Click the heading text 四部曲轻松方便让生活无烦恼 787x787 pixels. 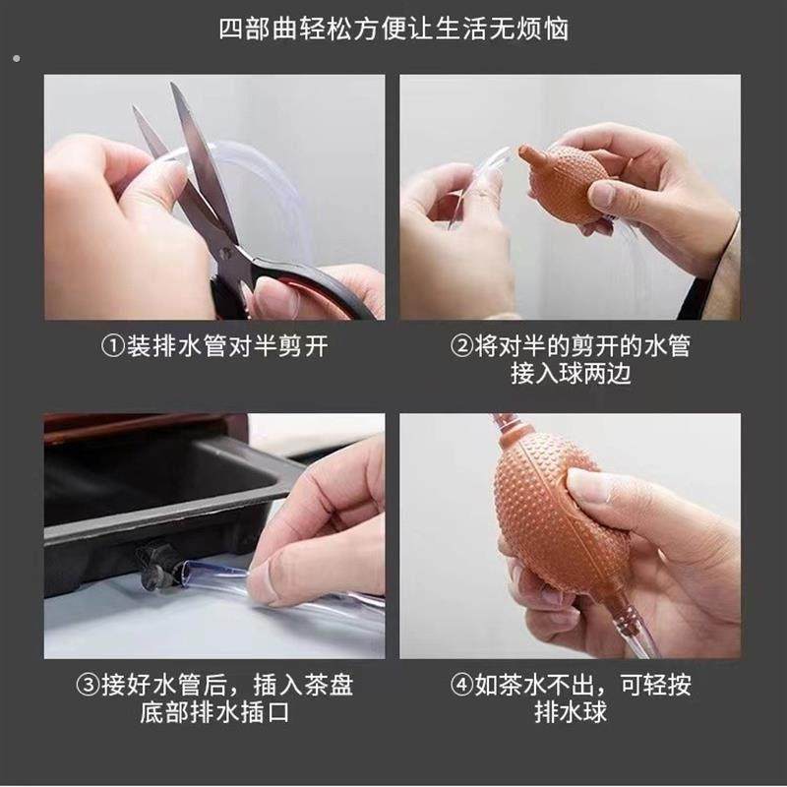pos(393,30)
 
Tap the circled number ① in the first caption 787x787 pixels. pos(113,346)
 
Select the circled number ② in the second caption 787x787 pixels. pos(461,346)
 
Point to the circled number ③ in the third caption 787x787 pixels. pos(88,685)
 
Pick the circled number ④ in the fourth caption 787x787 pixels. pos(461,685)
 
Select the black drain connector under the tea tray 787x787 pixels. pos(154,567)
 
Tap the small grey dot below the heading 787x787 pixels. pos(17,59)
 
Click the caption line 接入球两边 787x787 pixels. pos(571,374)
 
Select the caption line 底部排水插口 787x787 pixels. pos(214,712)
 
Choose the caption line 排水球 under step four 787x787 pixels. pos(571,712)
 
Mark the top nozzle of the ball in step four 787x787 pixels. pos(508,424)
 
